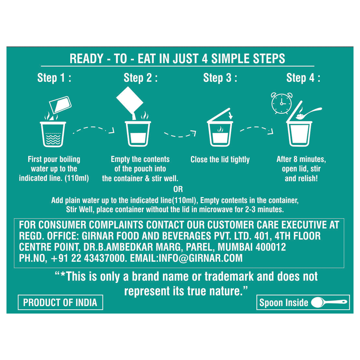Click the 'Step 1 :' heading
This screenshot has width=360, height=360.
[54, 78]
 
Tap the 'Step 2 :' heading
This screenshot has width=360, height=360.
[140, 78]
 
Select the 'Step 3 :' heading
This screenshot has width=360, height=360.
[220, 78]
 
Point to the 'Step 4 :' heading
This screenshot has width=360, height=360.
[303, 78]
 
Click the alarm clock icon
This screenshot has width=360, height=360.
[282, 103]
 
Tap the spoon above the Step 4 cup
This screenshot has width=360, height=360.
[309, 113]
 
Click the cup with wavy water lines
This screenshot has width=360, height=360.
[53, 134]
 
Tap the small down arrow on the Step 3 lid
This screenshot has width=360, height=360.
[231, 116]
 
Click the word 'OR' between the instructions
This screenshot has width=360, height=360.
[178, 189]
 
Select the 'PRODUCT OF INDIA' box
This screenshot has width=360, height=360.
[60, 302]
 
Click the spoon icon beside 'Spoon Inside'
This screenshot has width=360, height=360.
[329, 302]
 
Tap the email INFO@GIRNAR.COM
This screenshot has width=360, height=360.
[186, 258]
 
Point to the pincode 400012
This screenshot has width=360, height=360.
[271, 247]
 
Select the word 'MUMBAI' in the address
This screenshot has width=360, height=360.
[235, 247]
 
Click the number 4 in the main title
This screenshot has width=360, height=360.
[204, 59]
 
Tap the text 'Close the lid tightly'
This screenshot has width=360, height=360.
[220, 159]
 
